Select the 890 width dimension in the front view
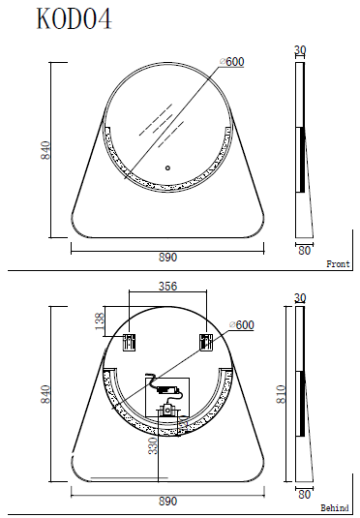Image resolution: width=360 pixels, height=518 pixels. click(167, 258)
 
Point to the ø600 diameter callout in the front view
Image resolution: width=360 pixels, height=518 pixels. click(232, 62)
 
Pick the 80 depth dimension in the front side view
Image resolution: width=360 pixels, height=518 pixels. click(305, 250)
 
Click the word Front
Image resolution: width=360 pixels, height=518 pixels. click(338, 263)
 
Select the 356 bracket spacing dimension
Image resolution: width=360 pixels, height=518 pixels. click(167, 286)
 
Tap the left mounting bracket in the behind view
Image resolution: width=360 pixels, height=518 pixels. click(128, 341)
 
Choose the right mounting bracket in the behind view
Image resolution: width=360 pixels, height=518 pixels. click(205, 341)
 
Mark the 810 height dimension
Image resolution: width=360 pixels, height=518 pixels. click(282, 394)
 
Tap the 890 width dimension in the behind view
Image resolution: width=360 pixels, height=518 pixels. click(167, 502)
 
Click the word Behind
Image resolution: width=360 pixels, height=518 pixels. click(335, 507)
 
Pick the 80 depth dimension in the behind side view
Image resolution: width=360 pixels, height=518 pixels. click(305, 494)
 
